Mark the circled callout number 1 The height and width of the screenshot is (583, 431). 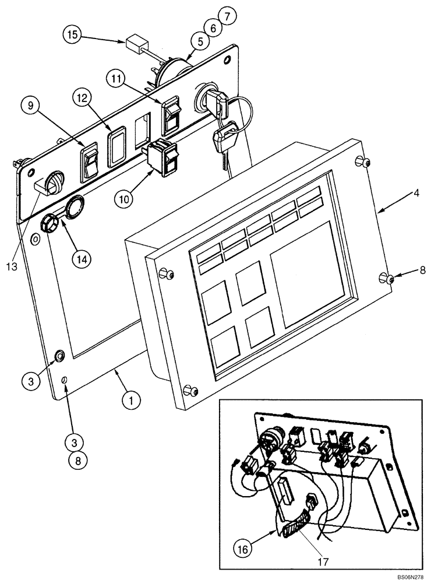(x=132, y=401)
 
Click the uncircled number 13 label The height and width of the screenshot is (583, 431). (x=14, y=266)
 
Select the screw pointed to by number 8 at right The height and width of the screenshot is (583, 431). (x=386, y=277)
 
